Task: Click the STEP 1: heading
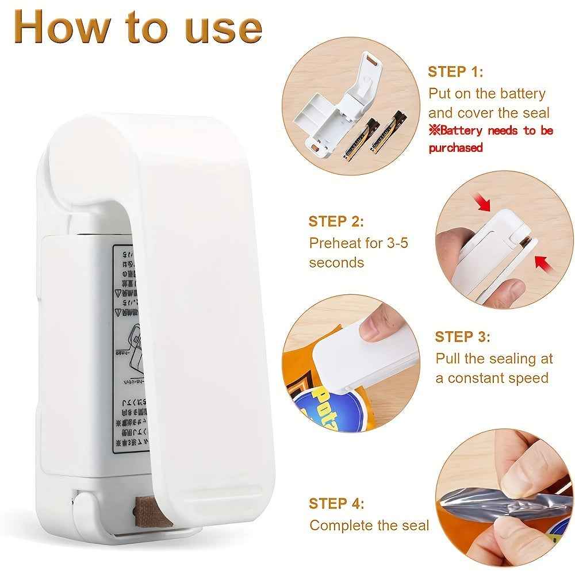pos(455,72)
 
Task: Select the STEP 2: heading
pos(336,221)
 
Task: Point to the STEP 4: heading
pos(336,504)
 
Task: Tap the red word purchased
pos(455,148)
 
